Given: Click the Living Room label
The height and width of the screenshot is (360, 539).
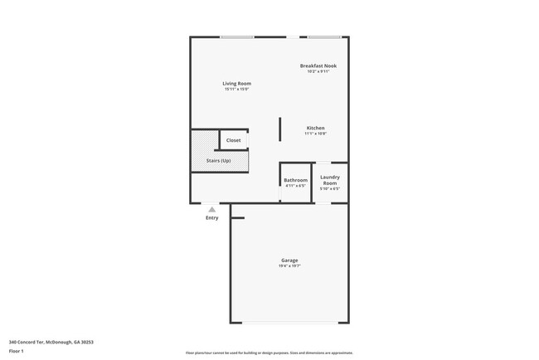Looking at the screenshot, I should coord(236,83).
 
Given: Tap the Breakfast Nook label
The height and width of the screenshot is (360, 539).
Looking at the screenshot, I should coord(318,66).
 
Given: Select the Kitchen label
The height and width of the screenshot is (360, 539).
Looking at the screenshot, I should coord(316,128).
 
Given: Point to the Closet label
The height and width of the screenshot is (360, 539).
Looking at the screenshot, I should coord(234,140).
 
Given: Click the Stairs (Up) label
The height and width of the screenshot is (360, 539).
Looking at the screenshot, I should coord(220,160).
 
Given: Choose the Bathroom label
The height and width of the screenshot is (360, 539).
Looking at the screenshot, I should coord(296,180).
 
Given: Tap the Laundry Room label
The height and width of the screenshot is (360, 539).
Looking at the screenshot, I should coord(330,179).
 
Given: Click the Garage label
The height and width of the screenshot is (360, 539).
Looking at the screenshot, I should coord(289,260).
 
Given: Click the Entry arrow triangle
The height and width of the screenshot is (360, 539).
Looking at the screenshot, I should coord(212,210).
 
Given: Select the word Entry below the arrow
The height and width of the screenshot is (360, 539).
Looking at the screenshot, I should coord(212,218).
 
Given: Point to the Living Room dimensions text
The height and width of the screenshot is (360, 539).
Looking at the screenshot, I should coord(236,90).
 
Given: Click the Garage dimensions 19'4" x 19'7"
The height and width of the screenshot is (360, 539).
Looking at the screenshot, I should coord(289,266).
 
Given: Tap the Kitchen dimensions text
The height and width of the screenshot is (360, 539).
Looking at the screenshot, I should coord(316,134).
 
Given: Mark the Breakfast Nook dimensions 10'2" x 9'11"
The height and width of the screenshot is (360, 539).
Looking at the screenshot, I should coord(318,72).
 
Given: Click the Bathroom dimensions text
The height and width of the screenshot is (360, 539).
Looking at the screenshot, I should coord(296,186).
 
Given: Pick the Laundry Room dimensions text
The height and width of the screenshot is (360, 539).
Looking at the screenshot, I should coord(330,189).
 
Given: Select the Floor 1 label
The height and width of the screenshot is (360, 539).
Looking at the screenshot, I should coord(17,351).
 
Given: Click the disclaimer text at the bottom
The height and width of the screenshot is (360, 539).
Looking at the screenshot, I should coord(269,353).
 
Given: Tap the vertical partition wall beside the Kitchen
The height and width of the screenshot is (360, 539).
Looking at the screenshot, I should coord(280,129).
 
